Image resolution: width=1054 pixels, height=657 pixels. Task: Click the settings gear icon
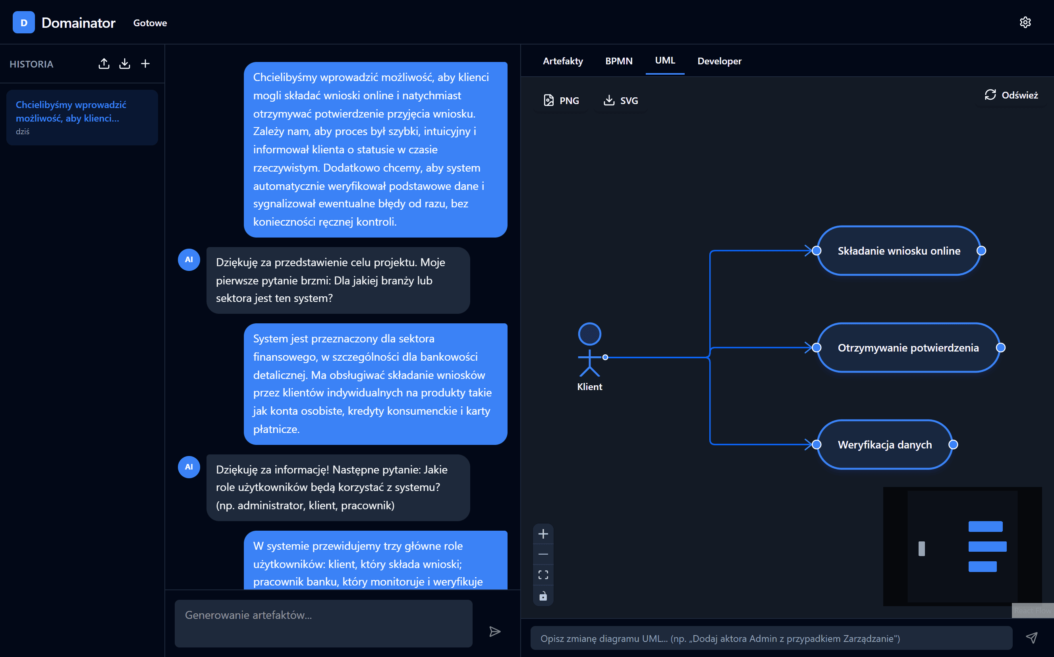click(x=1025, y=23)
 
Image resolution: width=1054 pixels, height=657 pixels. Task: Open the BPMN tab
click(x=619, y=61)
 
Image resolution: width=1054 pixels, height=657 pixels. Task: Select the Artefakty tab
click(x=563, y=61)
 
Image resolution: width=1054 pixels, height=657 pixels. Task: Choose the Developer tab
click(x=719, y=61)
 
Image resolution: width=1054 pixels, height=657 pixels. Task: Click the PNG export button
click(x=561, y=101)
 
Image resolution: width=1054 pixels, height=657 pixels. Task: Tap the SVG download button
click(x=621, y=101)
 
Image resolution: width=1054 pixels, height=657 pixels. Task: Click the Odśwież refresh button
click(x=1011, y=95)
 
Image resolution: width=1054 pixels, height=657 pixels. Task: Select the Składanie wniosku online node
click(x=898, y=251)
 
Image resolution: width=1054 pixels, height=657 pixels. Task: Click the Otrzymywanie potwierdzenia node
click(x=907, y=348)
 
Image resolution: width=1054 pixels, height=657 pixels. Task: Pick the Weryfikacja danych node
click(x=884, y=445)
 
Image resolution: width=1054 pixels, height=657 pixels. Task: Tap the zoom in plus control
click(x=543, y=534)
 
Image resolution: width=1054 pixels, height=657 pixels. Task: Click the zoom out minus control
click(x=543, y=555)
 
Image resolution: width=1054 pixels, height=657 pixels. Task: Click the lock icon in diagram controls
click(x=543, y=596)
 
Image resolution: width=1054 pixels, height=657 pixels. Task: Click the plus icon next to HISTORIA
click(x=145, y=64)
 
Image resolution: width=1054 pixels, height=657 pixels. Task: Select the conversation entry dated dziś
click(x=82, y=117)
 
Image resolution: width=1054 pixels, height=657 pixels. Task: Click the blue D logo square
click(x=24, y=23)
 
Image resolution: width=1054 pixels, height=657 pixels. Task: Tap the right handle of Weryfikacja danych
click(x=953, y=445)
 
